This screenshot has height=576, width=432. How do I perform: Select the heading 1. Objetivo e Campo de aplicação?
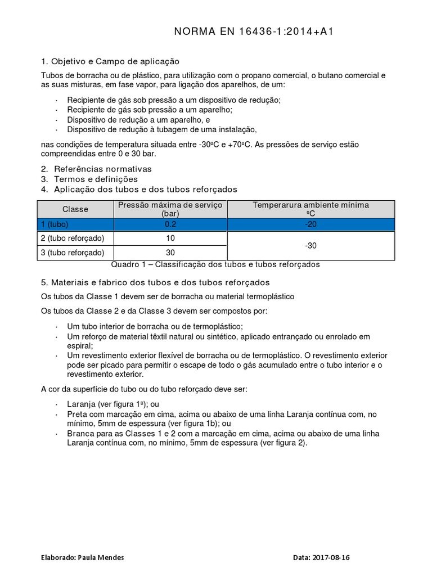[110, 61]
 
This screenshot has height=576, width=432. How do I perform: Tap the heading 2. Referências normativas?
[97, 169]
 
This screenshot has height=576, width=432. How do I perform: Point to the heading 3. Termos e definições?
[89, 179]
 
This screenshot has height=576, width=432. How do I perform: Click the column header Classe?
[75, 209]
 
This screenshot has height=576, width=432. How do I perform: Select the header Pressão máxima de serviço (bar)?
[170, 209]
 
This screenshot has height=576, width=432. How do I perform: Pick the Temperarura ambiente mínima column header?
[310, 209]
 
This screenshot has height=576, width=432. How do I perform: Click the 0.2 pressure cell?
[170, 224]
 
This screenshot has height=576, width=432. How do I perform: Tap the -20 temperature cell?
[310, 224]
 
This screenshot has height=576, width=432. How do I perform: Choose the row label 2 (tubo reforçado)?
[73, 238]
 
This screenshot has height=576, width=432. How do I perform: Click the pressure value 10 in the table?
[170, 238]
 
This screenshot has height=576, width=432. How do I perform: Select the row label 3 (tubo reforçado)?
[73, 253]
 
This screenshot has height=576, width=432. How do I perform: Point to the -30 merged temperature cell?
[310, 246]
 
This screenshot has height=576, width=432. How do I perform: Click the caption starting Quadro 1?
[216, 264]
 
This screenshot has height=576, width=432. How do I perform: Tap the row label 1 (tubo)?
[55, 224]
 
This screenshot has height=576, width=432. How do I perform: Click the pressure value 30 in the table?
[170, 253]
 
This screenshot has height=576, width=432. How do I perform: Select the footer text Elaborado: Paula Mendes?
[83, 558]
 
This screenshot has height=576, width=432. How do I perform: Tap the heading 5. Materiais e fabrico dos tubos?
[156, 282]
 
